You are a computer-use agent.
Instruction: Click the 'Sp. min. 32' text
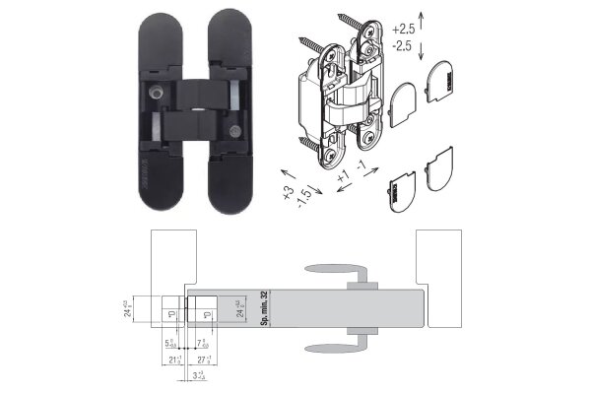(x=264, y=308)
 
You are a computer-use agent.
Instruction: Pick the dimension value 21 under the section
(x=173, y=361)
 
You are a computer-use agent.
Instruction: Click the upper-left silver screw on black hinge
(x=156, y=90)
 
